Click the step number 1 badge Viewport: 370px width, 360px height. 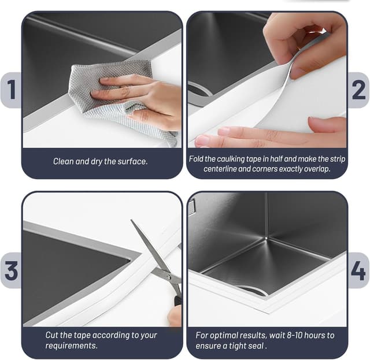(11, 90)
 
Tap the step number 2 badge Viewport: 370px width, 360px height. (358, 90)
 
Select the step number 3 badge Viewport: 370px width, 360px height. (11, 270)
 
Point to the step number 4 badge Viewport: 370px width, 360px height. (358, 270)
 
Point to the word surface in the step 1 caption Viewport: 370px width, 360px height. (132, 161)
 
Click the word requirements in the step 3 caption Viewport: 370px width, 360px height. (71, 346)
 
